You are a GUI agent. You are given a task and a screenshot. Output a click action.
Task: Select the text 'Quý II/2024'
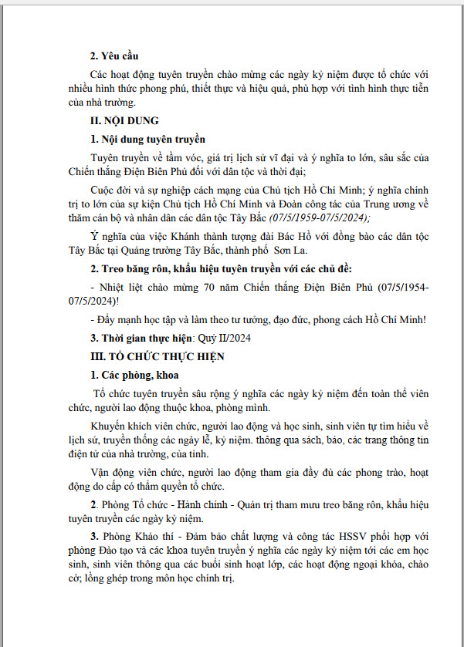click(x=223, y=338)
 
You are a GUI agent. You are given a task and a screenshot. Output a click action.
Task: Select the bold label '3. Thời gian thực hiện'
click(x=146, y=338)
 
